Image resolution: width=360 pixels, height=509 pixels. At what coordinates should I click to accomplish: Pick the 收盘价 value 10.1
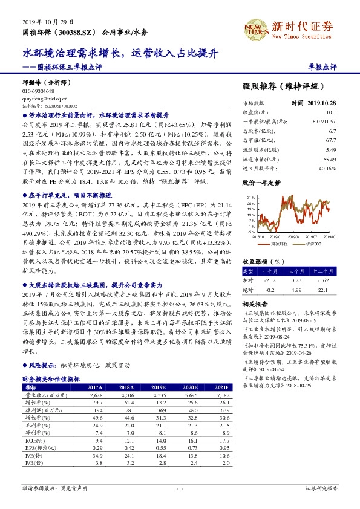[x=331, y=112]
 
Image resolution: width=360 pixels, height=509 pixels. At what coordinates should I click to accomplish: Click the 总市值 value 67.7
[x=331, y=140]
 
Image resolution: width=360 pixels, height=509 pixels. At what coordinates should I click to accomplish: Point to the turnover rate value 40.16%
[x=328, y=169]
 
